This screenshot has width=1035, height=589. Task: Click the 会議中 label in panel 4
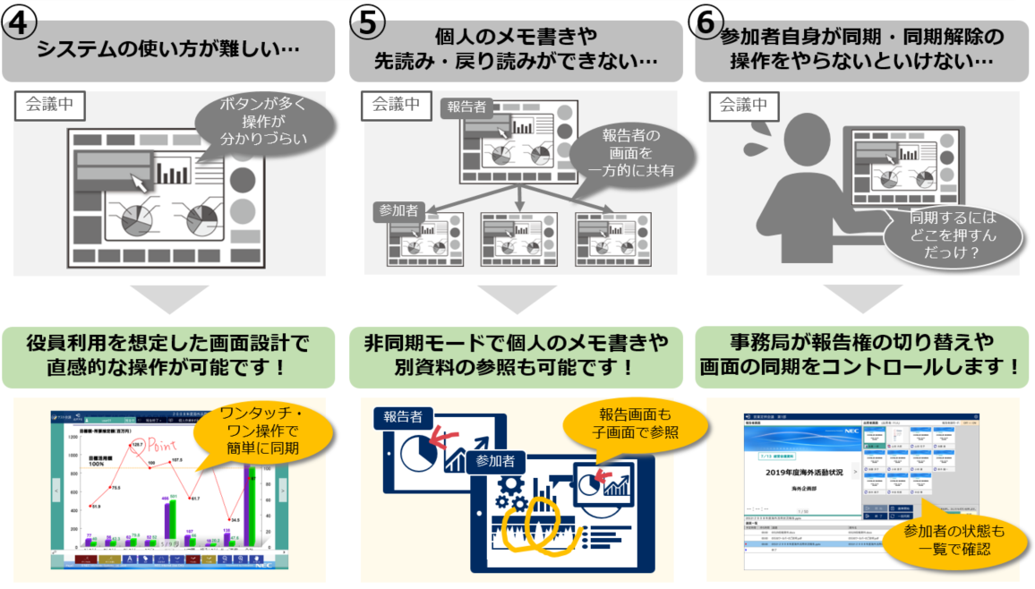point(50,106)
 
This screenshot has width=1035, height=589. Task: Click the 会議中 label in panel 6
point(743,106)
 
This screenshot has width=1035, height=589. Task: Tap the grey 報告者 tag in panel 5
point(466,107)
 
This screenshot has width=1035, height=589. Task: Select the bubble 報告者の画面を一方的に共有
point(631,152)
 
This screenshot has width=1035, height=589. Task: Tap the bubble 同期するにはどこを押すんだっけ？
point(953,235)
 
